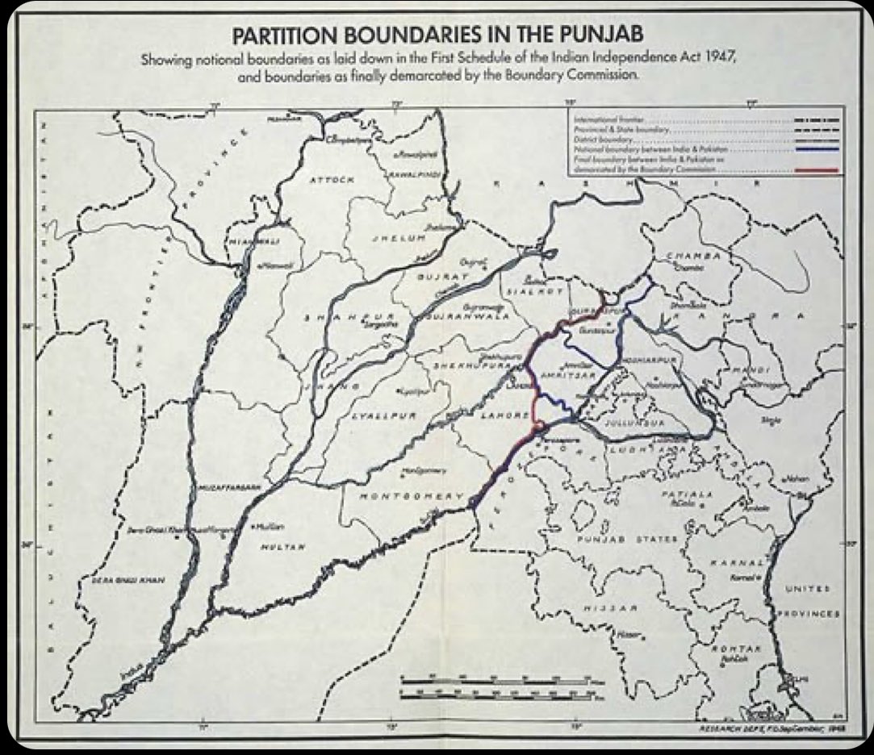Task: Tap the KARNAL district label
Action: [x=736, y=562]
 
